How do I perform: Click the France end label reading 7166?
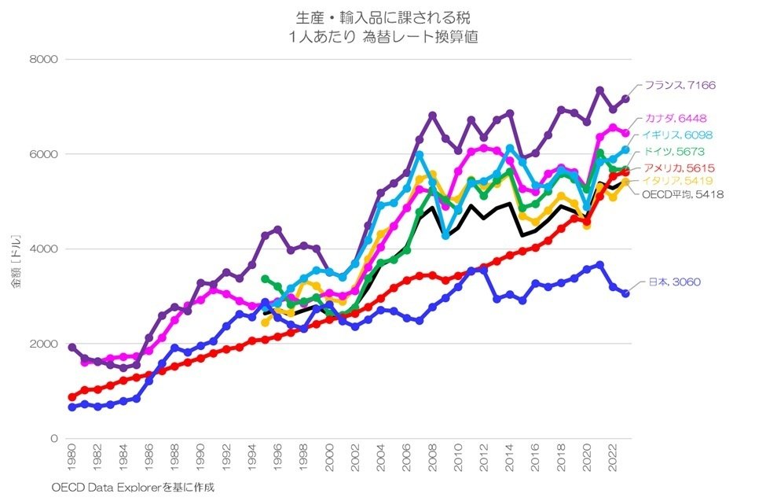pos(680,85)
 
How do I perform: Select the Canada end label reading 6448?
pos(680,119)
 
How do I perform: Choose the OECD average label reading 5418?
pos(682,194)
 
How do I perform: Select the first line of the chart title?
pos(383,17)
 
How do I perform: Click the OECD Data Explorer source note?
pos(133,488)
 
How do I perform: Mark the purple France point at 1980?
pos(72,347)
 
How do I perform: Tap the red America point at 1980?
pos(72,397)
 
